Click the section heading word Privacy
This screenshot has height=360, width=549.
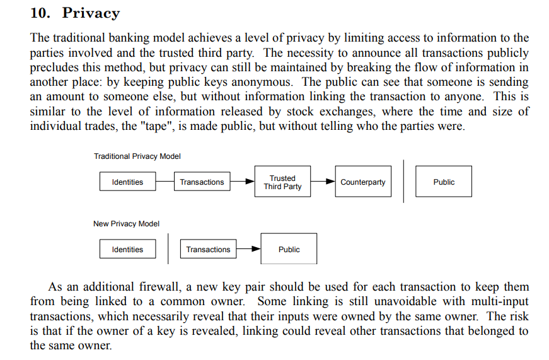[x=91, y=13]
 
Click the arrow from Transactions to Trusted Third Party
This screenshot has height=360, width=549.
[x=242, y=181]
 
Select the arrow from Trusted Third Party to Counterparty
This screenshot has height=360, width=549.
[x=323, y=181]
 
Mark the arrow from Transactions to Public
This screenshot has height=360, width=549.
[x=248, y=248]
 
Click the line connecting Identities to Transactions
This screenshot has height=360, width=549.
[x=165, y=181]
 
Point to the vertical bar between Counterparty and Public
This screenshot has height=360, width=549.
[x=403, y=181]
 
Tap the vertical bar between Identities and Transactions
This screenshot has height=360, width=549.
[x=168, y=248]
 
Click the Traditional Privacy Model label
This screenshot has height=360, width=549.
[x=137, y=156]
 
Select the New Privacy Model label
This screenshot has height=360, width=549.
[x=127, y=224]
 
